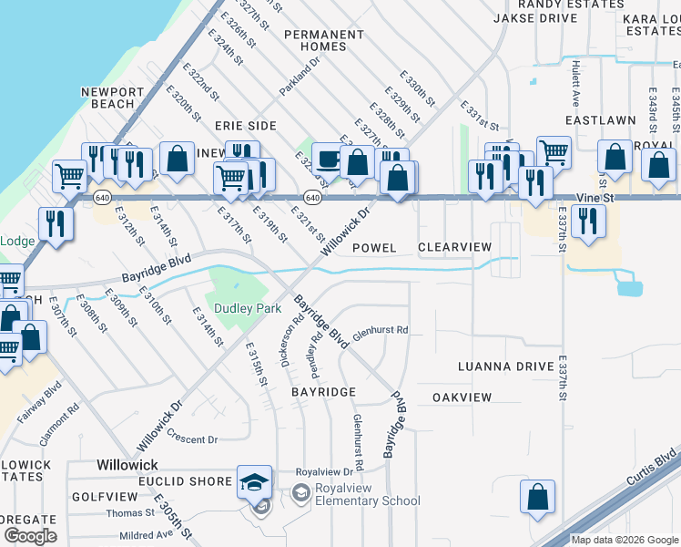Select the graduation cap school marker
(254, 482)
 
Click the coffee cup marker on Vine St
(328, 159)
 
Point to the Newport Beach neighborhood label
(112, 98)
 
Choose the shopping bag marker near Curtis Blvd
(537, 497)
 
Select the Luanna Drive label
(506, 366)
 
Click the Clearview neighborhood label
(454, 248)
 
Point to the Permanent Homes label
(323, 40)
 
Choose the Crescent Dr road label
(193, 439)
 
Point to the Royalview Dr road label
(324, 472)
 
